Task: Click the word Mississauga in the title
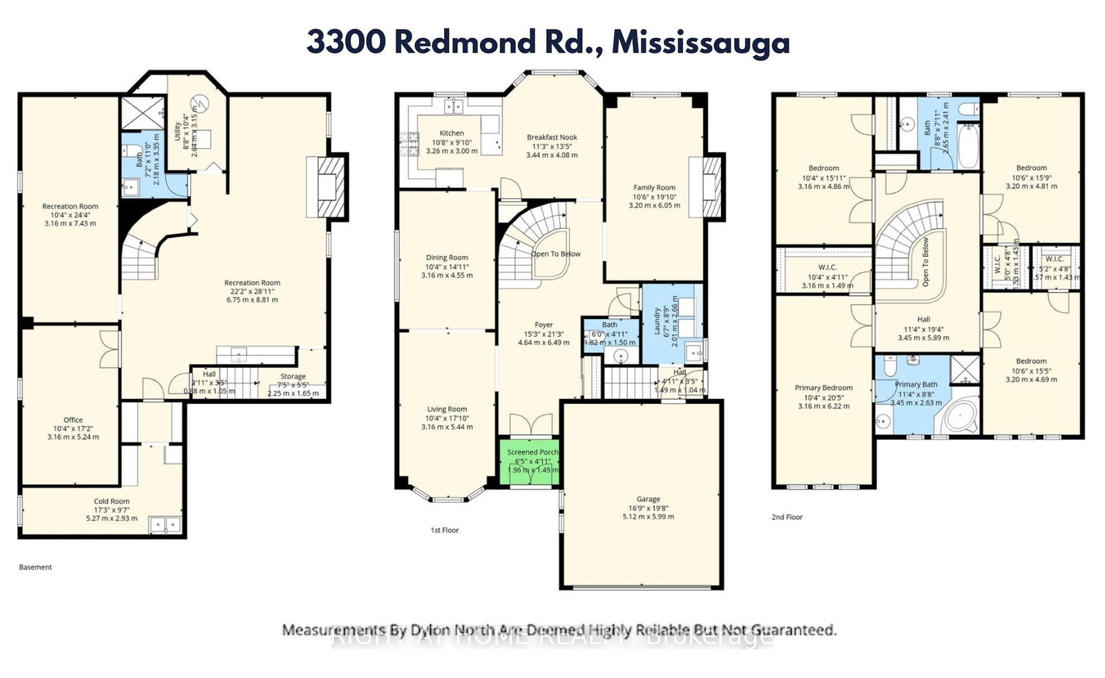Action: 700,43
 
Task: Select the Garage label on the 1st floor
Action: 648,499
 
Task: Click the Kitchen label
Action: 452,133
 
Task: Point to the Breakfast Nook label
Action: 552,137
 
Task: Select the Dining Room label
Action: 447,258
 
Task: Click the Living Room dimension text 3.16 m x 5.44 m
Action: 447,427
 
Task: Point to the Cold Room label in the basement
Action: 112,501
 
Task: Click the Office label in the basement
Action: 73,420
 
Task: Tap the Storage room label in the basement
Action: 293,377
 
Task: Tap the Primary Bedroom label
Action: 823,388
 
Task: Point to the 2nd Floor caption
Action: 787,517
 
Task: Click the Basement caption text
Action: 35,567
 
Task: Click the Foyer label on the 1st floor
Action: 544,325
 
